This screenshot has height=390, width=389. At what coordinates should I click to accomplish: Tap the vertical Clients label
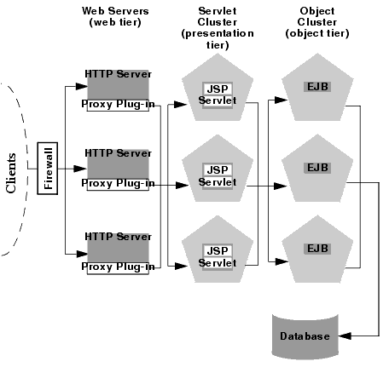[x=12, y=173]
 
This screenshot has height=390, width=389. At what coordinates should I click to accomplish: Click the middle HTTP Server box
[x=118, y=162]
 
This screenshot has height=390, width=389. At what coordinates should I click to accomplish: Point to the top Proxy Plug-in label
[x=119, y=105]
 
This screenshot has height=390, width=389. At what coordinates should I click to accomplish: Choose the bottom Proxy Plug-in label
[x=119, y=267]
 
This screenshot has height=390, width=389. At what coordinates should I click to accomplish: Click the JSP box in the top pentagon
[x=216, y=89]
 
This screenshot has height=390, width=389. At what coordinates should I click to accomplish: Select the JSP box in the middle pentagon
[x=216, y=170]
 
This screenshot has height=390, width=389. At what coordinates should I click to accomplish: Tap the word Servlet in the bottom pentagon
[x=217, y=264]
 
